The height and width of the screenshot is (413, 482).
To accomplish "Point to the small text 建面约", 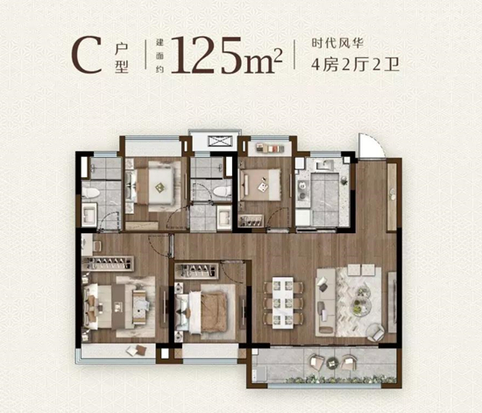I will coord(160,54).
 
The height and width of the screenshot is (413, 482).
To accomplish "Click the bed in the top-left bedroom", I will coord(158,183).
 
